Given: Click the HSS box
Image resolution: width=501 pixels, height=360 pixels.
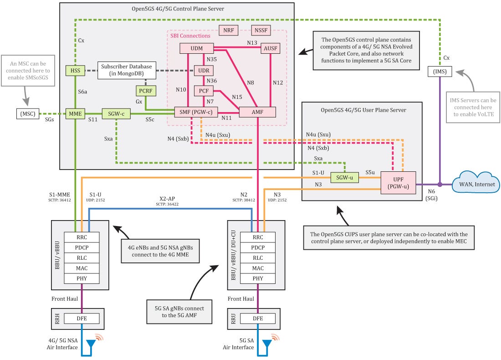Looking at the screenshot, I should pos(73,70).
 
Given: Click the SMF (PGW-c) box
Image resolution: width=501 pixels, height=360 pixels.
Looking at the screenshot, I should pos(196,112).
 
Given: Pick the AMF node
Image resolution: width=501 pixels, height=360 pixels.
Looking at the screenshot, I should pos(257,112).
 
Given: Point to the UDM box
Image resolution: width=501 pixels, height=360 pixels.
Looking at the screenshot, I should pos(197,48).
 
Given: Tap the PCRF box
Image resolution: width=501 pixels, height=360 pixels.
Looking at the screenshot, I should pos(146,91).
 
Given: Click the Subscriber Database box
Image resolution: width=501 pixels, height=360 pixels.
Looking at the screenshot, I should pos(126,70).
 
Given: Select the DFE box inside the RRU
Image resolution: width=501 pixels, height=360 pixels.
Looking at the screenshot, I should pos(258,319).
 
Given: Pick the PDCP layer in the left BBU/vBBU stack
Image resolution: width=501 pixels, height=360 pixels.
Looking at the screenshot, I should pos(82,247).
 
